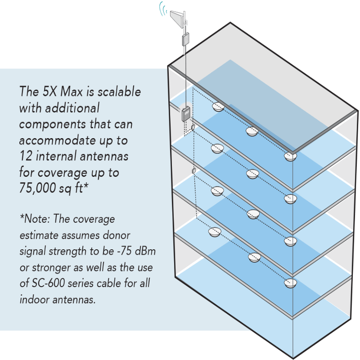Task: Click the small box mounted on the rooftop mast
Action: (185, 40)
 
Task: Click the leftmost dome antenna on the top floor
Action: (218, 107)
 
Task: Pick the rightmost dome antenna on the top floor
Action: (290, 157)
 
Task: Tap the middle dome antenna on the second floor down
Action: (252, 174)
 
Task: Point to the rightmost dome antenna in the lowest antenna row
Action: (291, 283)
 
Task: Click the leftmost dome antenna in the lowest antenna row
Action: (215, 232)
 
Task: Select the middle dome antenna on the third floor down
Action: (253, 215)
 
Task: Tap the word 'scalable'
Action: (118, 92)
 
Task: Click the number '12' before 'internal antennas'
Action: (26, 157)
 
